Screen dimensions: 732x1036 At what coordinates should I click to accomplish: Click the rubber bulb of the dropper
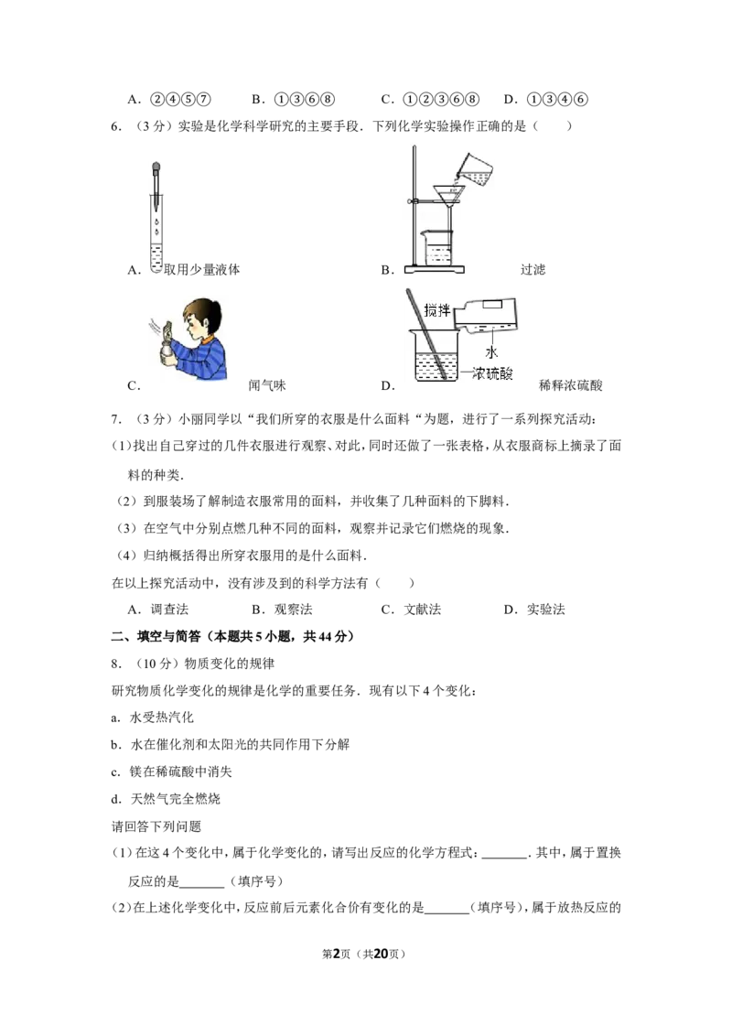click(157, 168)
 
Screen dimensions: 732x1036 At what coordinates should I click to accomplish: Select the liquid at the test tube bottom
click(157, 268)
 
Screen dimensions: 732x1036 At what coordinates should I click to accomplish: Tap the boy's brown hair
click(206, 309)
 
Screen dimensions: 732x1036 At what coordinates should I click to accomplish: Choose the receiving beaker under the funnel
click(437, 249)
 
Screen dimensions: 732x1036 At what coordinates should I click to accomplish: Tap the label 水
click(491, 351)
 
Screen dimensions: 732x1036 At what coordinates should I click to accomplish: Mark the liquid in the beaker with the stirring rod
click(430, 371)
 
